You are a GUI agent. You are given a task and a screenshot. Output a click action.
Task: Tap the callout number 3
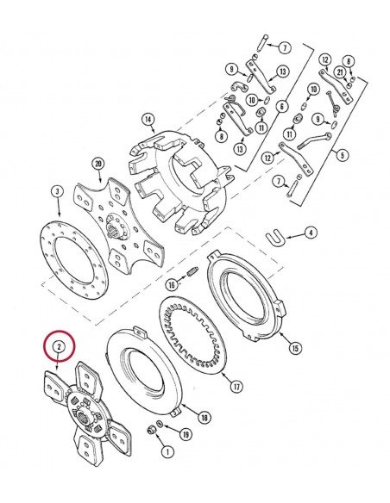click(57, 190)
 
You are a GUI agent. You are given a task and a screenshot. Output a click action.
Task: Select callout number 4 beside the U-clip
click(311, 232)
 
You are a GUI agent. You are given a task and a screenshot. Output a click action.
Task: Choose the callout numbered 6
click(281, 106)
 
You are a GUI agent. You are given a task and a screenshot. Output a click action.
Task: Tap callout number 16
click(171, 284)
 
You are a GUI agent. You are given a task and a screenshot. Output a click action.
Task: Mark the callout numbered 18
click(204, 418)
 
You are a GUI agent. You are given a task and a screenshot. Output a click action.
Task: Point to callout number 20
click(97, 163)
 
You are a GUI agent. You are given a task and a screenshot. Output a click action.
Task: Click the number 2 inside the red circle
click(59, 347)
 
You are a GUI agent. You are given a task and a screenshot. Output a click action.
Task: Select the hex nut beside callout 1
click(152, 429)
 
